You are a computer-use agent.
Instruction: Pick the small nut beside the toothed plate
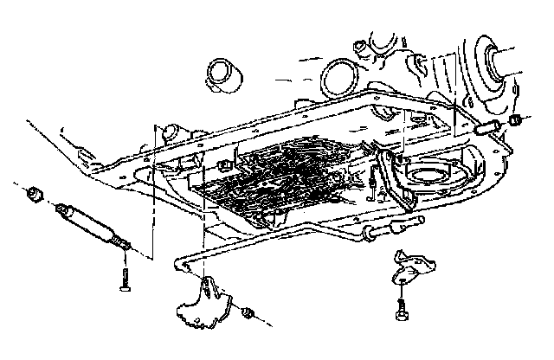tap(248, 312)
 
